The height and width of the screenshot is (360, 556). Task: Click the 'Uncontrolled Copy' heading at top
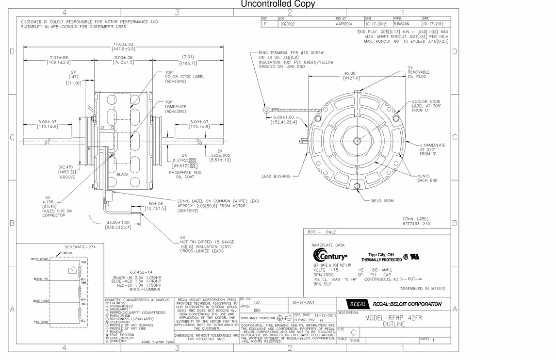(278, 4)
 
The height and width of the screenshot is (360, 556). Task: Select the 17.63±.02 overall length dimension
(123, 44)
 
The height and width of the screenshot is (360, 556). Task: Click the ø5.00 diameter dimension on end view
(351, 74)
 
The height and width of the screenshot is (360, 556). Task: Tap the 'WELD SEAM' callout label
(382, 200)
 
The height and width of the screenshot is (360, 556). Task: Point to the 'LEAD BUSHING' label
(276, 176)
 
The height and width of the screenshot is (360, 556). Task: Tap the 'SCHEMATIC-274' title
(80, 247)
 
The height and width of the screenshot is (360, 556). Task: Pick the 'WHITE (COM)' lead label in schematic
(39, 259)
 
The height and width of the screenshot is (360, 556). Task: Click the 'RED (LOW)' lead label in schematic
(40, 322)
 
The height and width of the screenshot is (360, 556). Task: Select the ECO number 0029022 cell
(287, 23)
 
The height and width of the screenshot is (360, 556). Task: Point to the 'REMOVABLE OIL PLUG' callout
(418, 72)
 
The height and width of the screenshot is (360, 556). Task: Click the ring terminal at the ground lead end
(266, 111)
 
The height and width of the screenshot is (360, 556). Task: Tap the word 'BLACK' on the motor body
(123, 174)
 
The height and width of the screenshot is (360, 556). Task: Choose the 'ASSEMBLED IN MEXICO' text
(422, 289)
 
